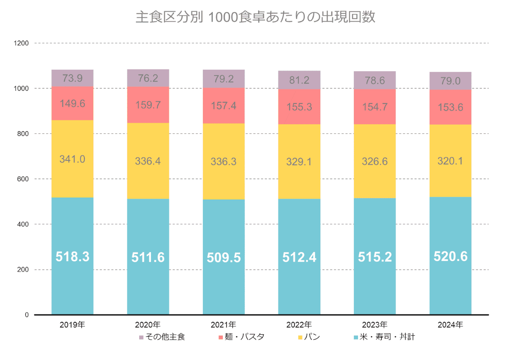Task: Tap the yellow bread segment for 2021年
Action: pyautogui.click(x=223, y=177)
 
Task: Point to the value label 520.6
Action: pyautogui.click(x=450, y=257)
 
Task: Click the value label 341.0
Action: pyautogui.click(x=72, y=159)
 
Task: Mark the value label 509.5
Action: pyautogui.click(x=223, y=257)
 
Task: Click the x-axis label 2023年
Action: pyautogui.click(x=375, y=325)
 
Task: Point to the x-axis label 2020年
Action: pyautogui.click(x=148, y=325)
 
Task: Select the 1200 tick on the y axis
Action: pyautogui.click(x=22, y=43)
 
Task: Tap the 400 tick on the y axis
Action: pyautogui.click(x=23, y=224)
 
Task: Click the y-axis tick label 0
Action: pyautogui.click(x=27, y=315)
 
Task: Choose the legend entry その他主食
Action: pyautogui.click(x=162, y=337)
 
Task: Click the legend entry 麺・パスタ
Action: pyautogui.click(x=241, y=337)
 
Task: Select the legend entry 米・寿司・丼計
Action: pyautogui.click(x=384, y=337)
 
